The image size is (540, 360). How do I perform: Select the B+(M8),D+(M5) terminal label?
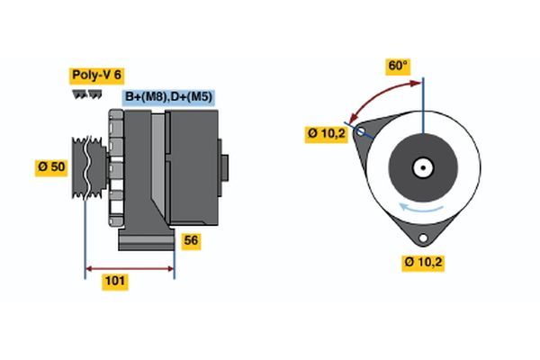pyautogui.click(x=168, y=97)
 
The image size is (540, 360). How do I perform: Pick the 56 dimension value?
pyautogui.click(x=190, y=240)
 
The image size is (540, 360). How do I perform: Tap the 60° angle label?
pyautogui.click(x=397, y=66)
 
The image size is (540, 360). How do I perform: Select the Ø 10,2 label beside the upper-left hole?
pyautogui.click(x=326, y=134)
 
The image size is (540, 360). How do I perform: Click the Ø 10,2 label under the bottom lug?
pyautogui.click(x=424, y=264)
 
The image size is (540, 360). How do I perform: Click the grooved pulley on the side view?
pyautogui.click(x=87, y=166)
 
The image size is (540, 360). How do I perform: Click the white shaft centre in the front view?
pyautogui.click(x=422, y=167)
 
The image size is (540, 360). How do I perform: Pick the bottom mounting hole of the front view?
pyautogui.click(x=423, y=238)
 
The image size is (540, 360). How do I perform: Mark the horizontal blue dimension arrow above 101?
pyautogui.click(x=129, y=267)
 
